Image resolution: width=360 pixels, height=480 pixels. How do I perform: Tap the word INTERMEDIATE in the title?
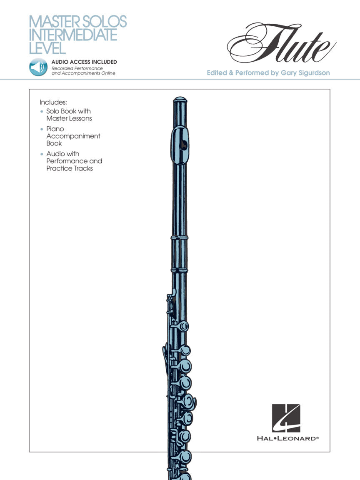click(x=73, y=35)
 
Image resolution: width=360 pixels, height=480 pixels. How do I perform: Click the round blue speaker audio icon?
click(x=38, y=67)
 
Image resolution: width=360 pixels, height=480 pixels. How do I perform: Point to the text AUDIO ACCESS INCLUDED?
click(x=84, y=62)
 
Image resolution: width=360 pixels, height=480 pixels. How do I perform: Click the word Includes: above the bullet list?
click(x=53, y=102)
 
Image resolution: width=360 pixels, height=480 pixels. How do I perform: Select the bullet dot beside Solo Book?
click(x=41, y=112)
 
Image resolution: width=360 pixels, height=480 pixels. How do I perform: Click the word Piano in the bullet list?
click(x=55, y=129)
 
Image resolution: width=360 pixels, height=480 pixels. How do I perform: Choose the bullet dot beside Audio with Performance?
click(x=41, y=154)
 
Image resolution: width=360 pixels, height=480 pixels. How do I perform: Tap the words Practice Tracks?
click(x=70, y=168)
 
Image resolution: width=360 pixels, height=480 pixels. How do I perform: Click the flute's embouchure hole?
click(x=182, y=144)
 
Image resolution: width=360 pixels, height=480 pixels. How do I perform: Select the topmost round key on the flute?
click(x=182, y=326)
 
